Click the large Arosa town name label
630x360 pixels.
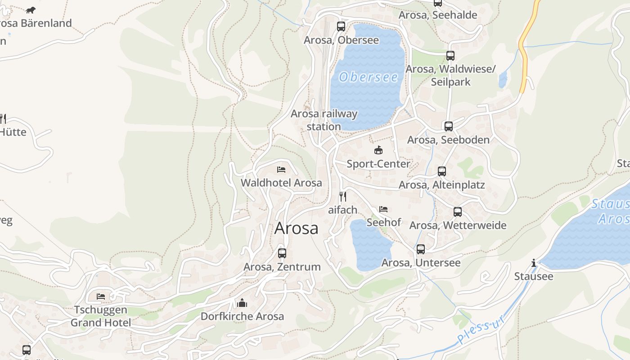[x=296, y=228]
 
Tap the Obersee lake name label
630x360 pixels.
[x=369, y=77]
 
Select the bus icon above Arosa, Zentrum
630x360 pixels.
[x=282, y=253]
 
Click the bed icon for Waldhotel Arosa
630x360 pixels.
[x=281, y=170]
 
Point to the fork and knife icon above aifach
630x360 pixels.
[x=343, y=196]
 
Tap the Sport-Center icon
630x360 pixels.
[x=378, y=150]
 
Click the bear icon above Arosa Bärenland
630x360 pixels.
[x=31, y=10]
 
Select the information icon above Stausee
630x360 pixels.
[x=534, y=263]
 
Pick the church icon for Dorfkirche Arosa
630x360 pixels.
[x=242, y=303]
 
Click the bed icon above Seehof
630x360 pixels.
[x=383, y=209]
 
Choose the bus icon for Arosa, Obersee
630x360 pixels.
[x=341, y=26]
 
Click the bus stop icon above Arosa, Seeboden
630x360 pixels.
[x=449, y=126]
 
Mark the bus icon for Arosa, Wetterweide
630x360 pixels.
[x=458, y=211]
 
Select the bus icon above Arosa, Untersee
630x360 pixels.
[x=421, y=249]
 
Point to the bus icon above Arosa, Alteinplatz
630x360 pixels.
[x=442, y=171]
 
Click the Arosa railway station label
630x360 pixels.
[x=324, y=120]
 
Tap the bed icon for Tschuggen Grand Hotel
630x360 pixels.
[x=101, y=297]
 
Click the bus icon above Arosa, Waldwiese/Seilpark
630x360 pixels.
[x=450, y=56]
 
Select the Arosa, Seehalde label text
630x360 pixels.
[x=438, y=15]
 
